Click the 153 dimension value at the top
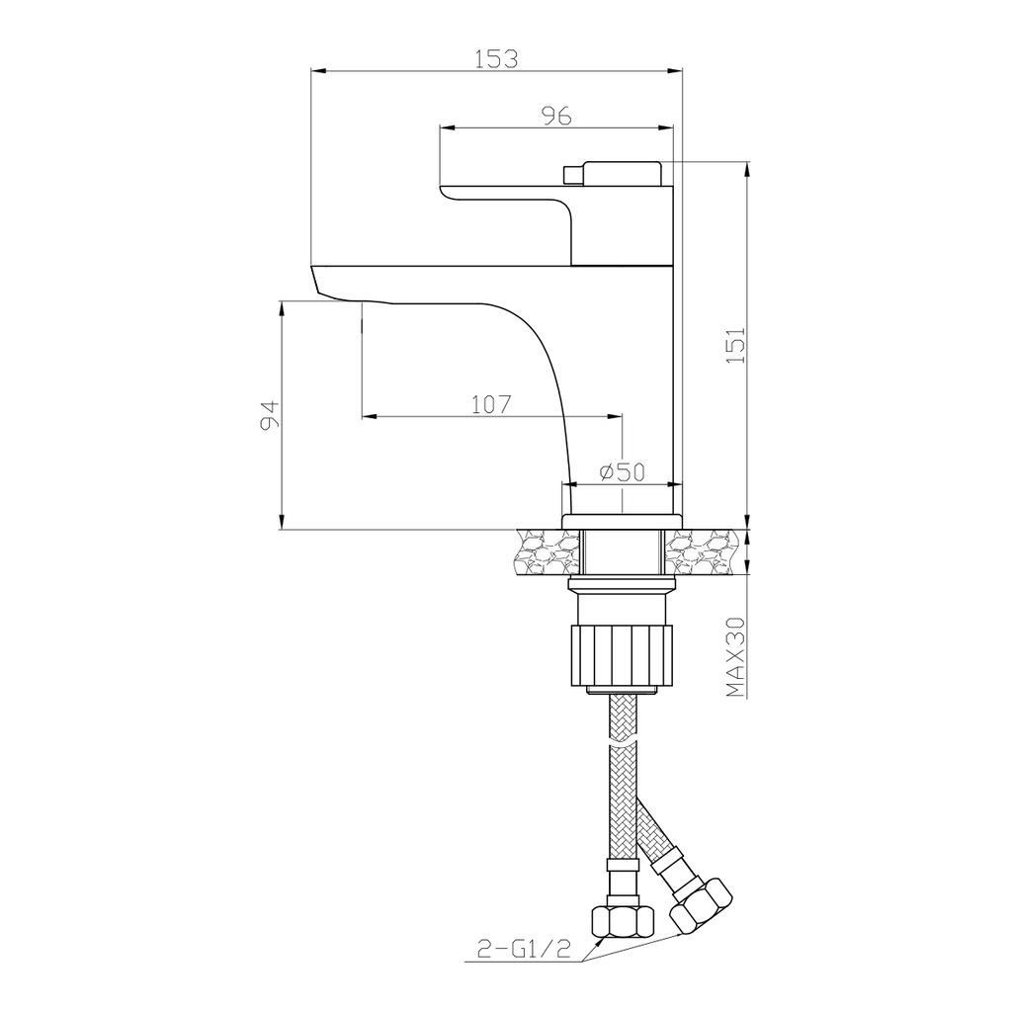496,58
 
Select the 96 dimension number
556,117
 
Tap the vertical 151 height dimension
737,345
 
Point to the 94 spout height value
269,414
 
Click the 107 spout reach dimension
492,404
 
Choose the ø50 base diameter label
623,472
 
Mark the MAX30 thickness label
735,657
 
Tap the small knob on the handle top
572,174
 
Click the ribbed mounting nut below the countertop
622,654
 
